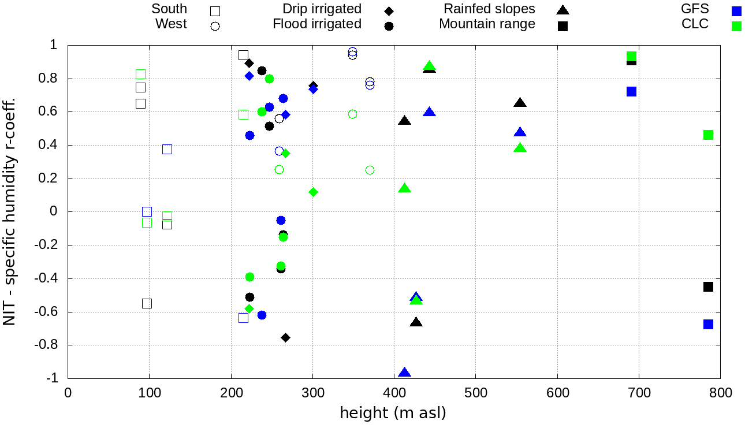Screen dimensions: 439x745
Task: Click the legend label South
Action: [169, 9]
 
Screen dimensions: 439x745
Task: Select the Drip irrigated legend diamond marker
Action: [389, 11]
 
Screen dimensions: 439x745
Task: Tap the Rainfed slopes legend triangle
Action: [563, 10]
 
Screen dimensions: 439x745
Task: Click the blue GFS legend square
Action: [736, 10]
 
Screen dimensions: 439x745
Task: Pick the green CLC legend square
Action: [736, 25]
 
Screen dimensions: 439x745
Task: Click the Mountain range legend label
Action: [487, 24]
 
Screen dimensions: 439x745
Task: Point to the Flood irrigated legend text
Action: [317, 24]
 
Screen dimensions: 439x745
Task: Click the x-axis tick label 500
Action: [475, 393]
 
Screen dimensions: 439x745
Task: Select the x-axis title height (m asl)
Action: [393, 414]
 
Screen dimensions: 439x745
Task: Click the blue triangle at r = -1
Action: [404, 373]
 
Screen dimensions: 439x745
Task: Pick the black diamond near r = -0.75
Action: [285, 337]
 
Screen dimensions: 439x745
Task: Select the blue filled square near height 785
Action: [708, 324]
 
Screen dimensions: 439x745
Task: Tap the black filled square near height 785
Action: [708, 287]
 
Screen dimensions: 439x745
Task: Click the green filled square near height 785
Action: [708, 135]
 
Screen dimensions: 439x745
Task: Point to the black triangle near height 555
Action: [520, 103]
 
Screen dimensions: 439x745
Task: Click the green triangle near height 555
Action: [520, 148]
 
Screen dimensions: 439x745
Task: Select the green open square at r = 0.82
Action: [140, 74]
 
